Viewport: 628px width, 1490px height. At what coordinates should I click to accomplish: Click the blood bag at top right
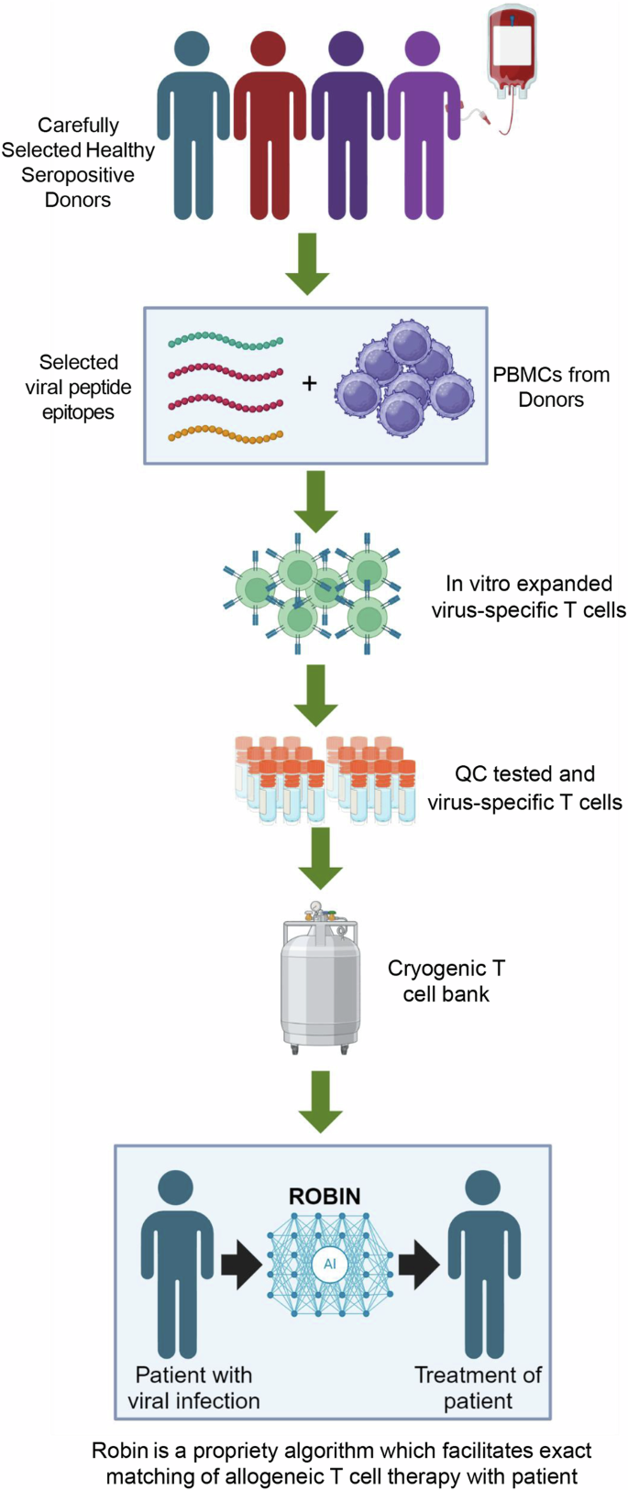tap(511, 51)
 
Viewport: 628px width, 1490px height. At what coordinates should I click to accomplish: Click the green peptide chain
tap(226, 342)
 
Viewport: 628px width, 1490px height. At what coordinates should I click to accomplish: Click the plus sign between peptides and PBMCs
tap(310, 383)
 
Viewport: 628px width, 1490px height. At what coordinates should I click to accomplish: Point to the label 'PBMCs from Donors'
tap(550, 387)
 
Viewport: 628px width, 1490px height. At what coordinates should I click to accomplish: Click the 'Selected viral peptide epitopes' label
tap(78, 387)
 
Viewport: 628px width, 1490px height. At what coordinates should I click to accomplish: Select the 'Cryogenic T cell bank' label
tap(446, 981)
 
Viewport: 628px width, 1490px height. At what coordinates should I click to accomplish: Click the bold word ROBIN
tap(325, 1196)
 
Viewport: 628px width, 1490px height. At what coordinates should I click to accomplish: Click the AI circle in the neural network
tap(329, 1264)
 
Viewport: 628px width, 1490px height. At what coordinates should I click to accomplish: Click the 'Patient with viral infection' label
tap(193, 1387)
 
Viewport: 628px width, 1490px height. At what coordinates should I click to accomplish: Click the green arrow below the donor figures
tap(307, 263)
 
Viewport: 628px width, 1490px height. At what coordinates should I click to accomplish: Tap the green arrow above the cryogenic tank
tap(320, 858)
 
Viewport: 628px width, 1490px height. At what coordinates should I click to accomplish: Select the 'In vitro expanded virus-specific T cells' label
tap(529, 597)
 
